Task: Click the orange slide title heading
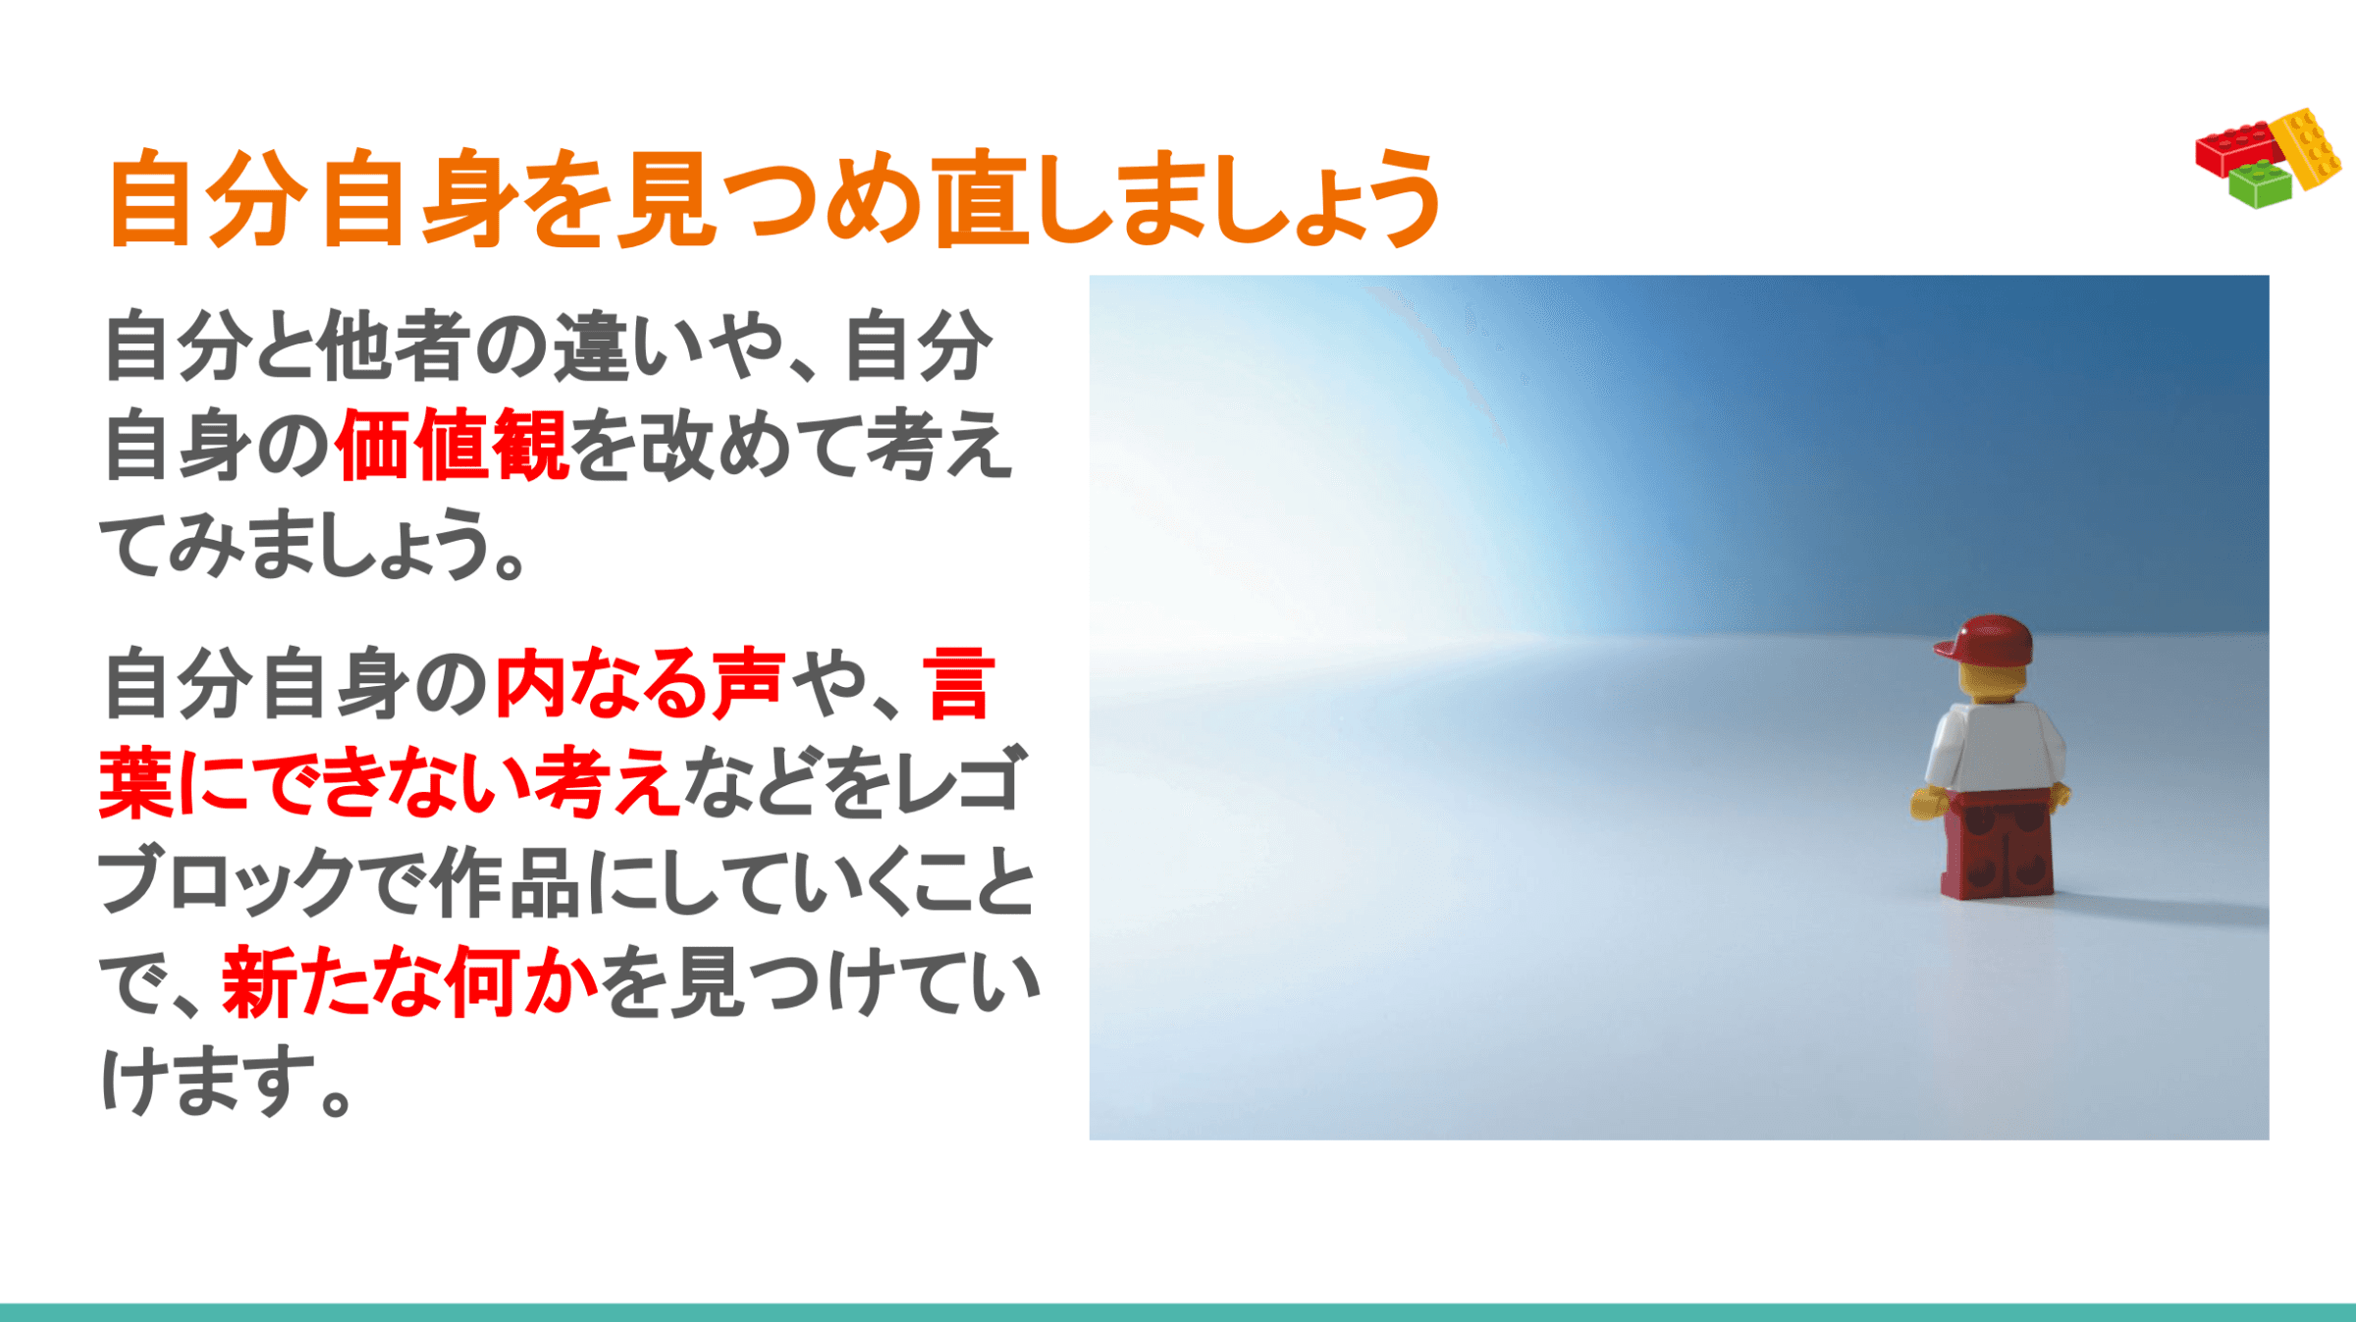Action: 775,198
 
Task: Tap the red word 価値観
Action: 451,446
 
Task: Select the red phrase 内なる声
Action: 640,683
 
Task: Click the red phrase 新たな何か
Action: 410,981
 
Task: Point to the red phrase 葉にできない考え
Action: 390,782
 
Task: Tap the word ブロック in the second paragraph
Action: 225,881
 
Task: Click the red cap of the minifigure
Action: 1985,642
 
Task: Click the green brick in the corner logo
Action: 2260,185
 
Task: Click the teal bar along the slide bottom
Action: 1178,1312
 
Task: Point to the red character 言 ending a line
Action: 959,683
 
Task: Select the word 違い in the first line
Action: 594,345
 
